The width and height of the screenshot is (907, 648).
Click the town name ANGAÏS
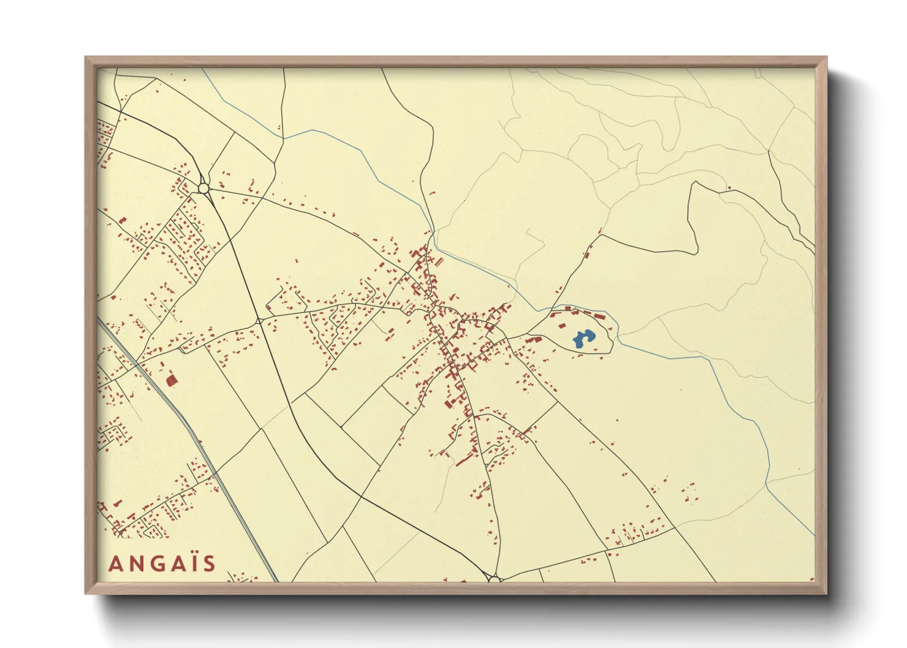click(162, 563)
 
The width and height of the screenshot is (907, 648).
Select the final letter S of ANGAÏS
click(210, 563)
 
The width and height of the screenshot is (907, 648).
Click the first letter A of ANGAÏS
click(115, 563)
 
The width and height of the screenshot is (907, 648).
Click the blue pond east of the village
click(583, 339)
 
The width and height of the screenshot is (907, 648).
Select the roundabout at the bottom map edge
click(494, 578)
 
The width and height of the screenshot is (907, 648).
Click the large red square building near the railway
click(172, 380)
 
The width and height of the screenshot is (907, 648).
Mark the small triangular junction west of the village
click(259, 320)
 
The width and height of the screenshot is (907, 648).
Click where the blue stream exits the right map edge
click(814, 536)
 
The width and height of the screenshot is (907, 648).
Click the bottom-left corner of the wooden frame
click(86, 593)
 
